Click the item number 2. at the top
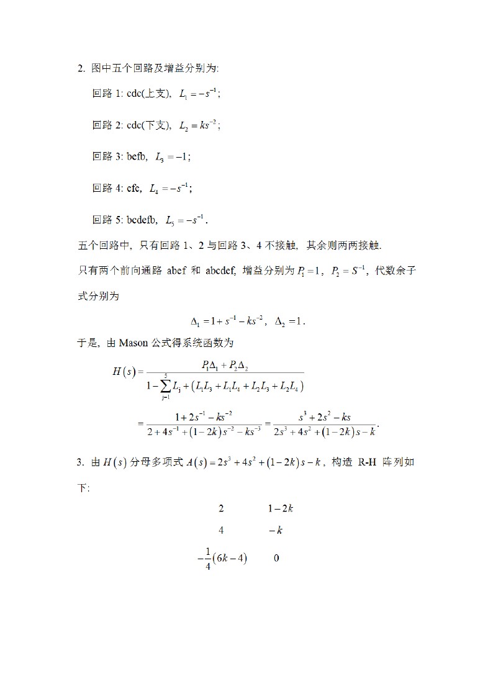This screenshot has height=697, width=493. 81,68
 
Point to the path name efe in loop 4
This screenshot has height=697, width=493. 134,189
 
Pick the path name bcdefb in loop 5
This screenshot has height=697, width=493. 142,220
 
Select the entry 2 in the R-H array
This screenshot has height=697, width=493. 221,508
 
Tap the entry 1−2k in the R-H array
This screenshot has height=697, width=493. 280,508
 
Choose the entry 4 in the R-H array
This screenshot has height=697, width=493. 221,531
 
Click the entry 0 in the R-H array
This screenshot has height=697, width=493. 276,558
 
